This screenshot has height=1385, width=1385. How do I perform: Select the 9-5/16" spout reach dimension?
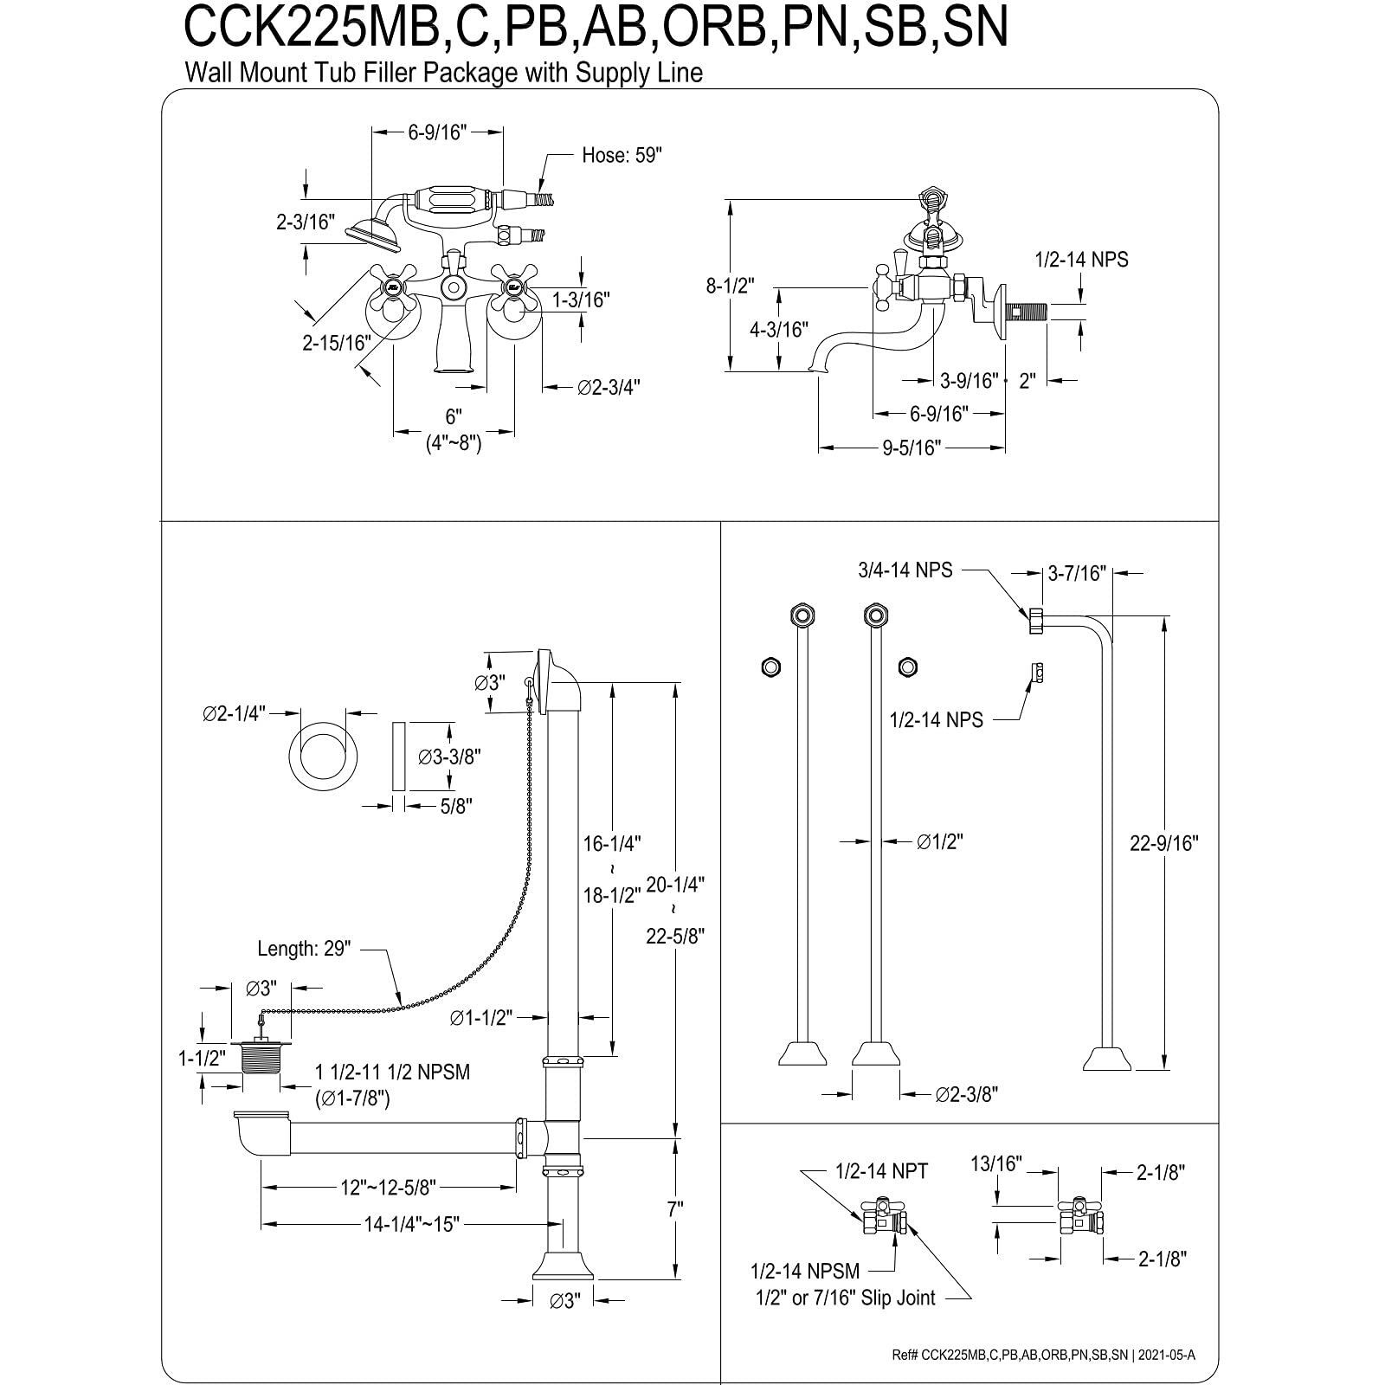912,448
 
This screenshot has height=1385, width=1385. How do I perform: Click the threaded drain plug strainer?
260,1056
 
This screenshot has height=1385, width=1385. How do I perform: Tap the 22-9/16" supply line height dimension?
1163,843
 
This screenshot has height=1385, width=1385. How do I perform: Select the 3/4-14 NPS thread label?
905,570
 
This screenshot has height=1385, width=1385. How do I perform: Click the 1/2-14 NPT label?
881,1171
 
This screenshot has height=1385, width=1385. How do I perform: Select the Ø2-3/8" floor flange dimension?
966,1095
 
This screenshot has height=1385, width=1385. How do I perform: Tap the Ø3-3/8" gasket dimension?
449,757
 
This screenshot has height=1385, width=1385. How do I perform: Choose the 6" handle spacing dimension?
454,416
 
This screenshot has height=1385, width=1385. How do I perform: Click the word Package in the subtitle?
473,73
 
